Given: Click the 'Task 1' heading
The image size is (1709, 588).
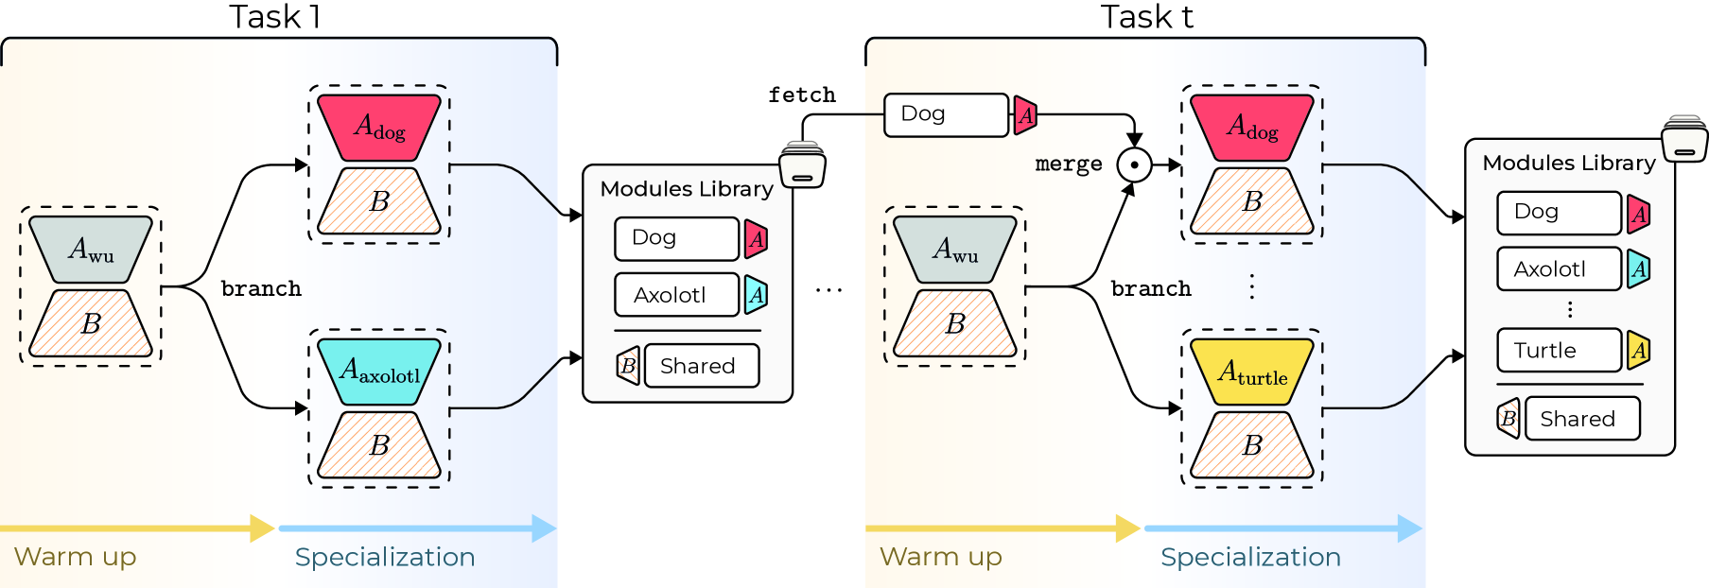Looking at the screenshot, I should point(275,17).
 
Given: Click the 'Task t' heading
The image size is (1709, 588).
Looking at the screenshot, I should point(1146,17).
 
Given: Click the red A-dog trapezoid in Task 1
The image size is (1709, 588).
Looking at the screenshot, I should point(378,127).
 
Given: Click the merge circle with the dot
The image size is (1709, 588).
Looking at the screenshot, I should point(1134,164).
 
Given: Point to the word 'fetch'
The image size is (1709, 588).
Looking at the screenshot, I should point(801,95).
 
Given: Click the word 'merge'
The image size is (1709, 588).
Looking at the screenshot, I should point(1069,164).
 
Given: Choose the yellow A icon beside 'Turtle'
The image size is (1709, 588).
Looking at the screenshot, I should point(1639,351).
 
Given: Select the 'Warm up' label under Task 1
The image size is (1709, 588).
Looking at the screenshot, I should point(76,557).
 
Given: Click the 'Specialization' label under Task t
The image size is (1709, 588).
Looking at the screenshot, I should point(1250,557).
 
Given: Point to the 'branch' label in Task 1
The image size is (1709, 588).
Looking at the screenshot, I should point(261,288).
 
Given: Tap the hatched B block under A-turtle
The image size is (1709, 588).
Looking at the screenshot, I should point(1251,444).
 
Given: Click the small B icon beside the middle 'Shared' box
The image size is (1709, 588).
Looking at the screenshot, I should point(628,366).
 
